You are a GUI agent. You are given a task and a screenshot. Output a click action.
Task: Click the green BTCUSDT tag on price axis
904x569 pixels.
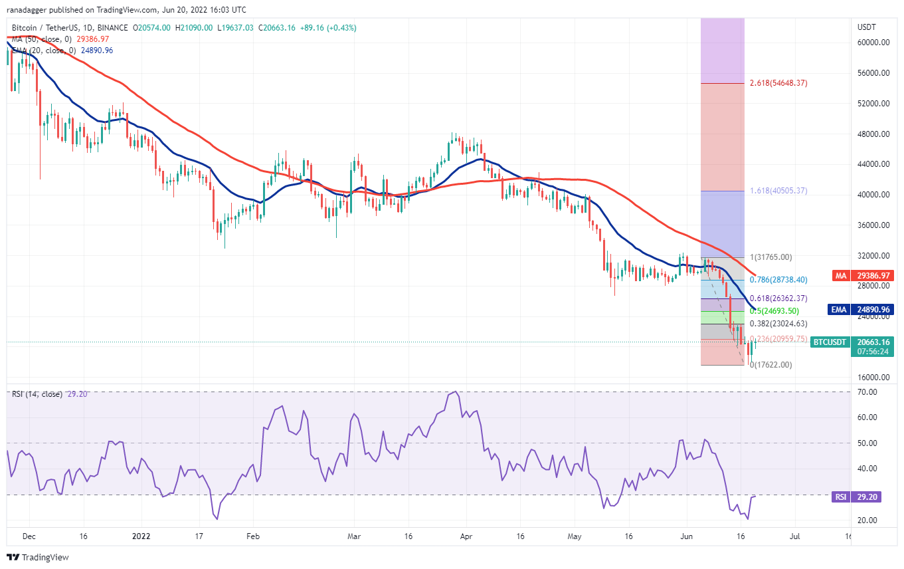click(x=830, y=342)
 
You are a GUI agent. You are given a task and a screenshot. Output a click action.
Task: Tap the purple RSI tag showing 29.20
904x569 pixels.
click(x=840, y=496)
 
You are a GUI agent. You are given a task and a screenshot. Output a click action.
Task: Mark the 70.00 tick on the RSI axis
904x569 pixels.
click(x=867, y=392)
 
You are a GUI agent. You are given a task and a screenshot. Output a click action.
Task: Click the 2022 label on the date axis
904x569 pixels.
click(x=141, y=534)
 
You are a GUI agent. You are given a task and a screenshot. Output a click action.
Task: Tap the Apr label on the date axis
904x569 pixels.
click(x=466, y=534)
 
